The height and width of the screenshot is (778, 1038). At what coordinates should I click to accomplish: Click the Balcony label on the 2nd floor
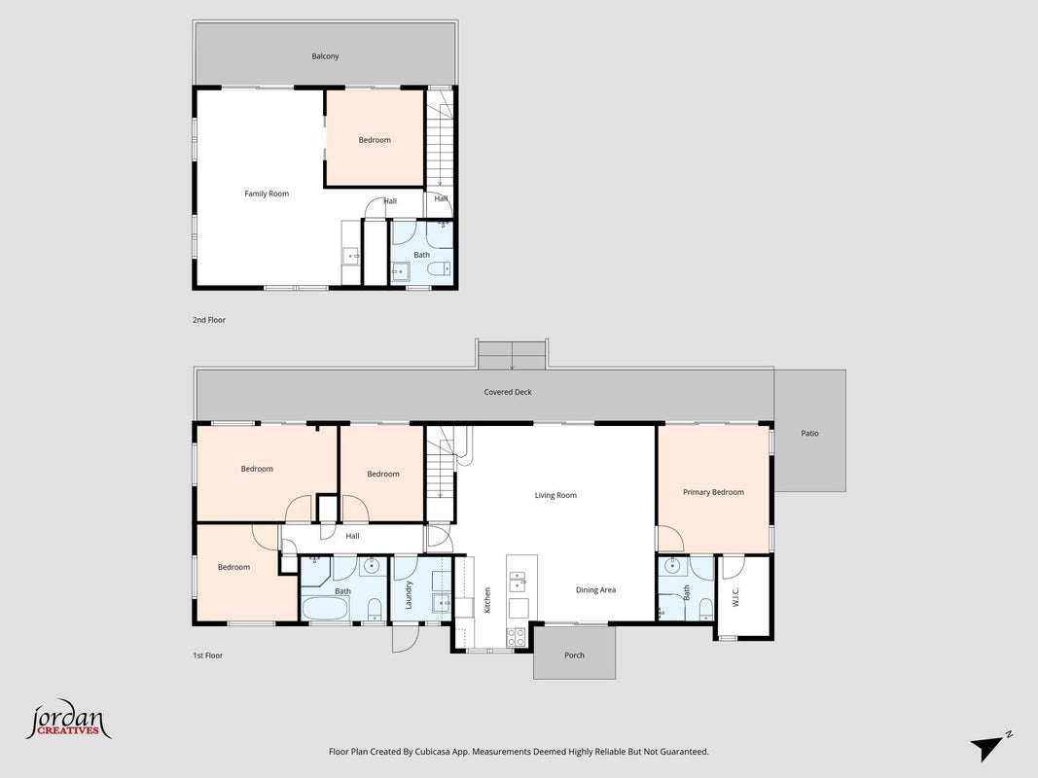tap(325, 56)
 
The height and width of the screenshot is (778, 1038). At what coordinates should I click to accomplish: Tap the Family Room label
tap(267, 194)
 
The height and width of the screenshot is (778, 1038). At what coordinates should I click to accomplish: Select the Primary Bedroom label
tap(714, 492)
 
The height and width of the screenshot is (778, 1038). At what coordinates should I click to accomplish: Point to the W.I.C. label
tap(736, 596)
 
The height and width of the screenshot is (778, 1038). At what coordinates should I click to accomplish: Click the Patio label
tap(809, 434)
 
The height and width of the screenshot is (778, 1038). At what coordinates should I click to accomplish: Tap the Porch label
tap(574, 655)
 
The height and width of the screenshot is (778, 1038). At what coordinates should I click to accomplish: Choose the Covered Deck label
tap(508, 392)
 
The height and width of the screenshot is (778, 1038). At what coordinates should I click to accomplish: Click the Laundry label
tap(409, 595)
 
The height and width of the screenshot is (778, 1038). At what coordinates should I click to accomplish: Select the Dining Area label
tap(595, 590)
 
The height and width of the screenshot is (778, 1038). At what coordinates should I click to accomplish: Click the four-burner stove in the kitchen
tap(516, 636)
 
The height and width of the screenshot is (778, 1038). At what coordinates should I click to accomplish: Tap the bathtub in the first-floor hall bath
tap(325, 608)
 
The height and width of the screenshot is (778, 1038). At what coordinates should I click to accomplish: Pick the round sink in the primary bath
tap(672, 566)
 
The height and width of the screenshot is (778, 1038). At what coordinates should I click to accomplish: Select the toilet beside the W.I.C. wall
tap(705, 607)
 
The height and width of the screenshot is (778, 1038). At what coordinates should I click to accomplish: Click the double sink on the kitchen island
tap(517, 583)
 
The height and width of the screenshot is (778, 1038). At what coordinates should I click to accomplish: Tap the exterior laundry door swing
tap(406, 638)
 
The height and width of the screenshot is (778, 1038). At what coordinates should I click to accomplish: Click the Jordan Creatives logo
tap(68, 720)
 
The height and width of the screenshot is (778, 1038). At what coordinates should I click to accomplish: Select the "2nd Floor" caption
tap(209, 320)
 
